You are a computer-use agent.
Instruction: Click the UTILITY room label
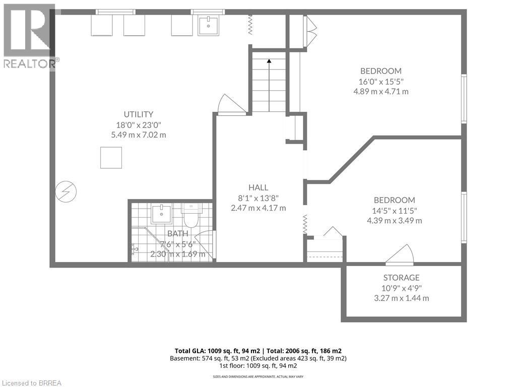[139, 114]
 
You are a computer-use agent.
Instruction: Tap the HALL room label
[257, 187]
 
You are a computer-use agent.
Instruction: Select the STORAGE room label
[401, 278]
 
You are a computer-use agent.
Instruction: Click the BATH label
[177, 233]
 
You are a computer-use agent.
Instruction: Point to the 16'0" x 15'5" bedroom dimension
[381, 81]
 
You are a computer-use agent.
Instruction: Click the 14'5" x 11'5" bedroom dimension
[395, 211]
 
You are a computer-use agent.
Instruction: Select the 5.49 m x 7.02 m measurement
[139, 135]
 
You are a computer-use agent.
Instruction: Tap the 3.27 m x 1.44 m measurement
[401, 298]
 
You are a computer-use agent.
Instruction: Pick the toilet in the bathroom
[191, 217]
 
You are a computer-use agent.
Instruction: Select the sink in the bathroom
[161, 215]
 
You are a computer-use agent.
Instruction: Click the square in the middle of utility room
[111, 158]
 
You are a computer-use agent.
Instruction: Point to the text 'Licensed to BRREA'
[31, 382]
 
